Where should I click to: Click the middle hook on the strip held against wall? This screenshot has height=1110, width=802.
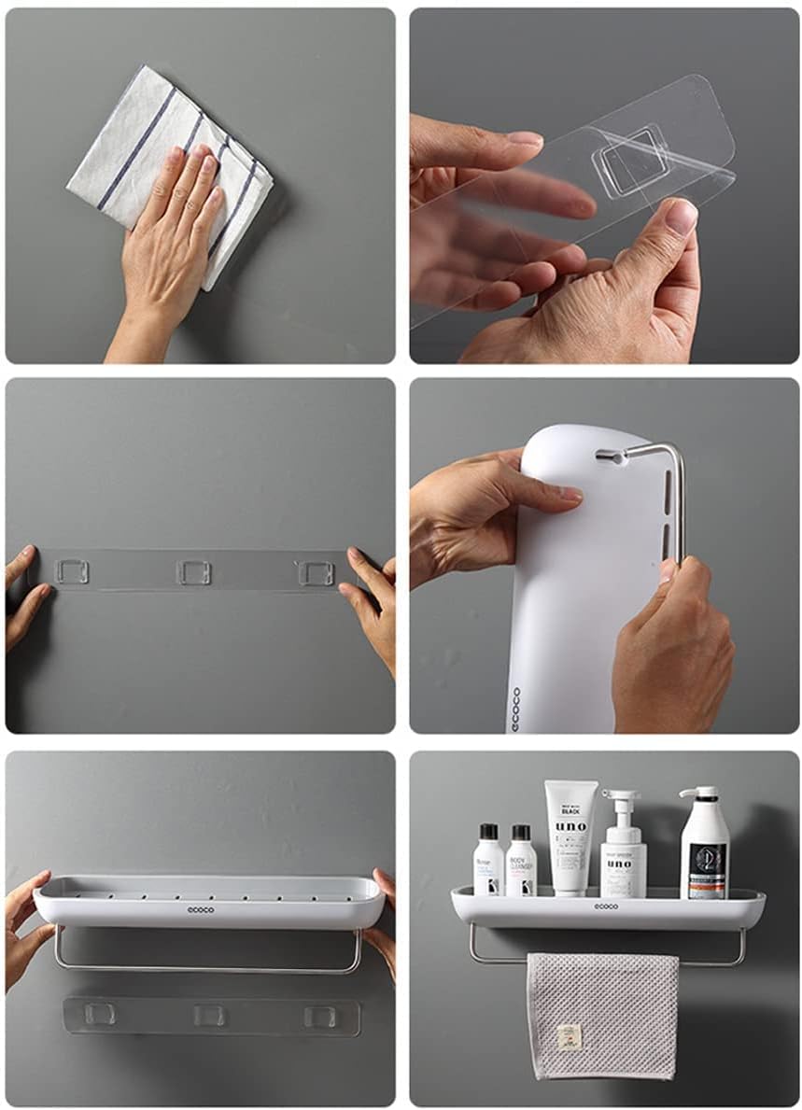pyautogui.click(x=194, y=571)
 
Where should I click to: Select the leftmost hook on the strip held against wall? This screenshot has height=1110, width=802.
pyautogui.click(x=72, y=571)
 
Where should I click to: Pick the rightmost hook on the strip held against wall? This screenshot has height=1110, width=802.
pyautogui.click(x=315, y=572)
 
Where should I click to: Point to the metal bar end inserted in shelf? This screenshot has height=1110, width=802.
pyautogui.click(x=607, y=456)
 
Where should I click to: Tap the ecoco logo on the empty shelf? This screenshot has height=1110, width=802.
pyautogui.click(x=200, y=908)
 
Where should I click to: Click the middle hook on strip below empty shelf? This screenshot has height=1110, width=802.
pyautogui.click(x=209, y=1015)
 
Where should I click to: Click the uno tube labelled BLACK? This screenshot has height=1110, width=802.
pyautogui.click(x=571, y=836)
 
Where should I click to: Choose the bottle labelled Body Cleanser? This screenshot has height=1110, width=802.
pyautogui.click(x=521, y=861)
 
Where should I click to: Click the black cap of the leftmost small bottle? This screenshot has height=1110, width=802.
pyautogui.click(x=486, y=832)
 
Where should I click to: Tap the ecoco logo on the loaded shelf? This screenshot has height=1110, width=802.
pyautogui.click(x=606, y=906)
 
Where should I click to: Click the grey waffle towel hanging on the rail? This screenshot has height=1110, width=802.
pyautogui.click(x=601, y=1013)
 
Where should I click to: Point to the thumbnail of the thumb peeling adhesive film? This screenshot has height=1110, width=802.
pyautogui.click(x=682, y=218)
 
